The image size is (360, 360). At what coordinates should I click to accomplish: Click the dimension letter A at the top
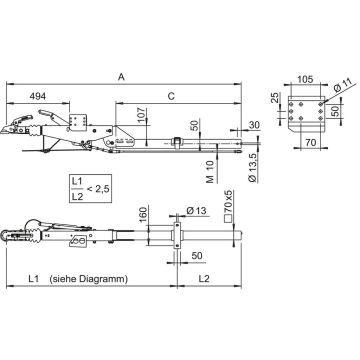click(121, 77)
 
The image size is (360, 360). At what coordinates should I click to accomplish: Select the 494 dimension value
click(38, 96)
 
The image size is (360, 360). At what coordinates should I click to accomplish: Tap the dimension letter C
click(171, 96)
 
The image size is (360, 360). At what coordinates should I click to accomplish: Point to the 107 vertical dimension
click(141, 115)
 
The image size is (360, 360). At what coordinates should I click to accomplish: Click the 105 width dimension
click(305, 79)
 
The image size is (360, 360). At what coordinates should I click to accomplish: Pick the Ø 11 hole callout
click(340, 87)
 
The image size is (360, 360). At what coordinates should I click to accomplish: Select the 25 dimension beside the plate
click(275, 97)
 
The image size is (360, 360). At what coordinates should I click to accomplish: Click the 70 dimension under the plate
click(311, 143)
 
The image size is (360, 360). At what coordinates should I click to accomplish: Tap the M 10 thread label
click(210, 171)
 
